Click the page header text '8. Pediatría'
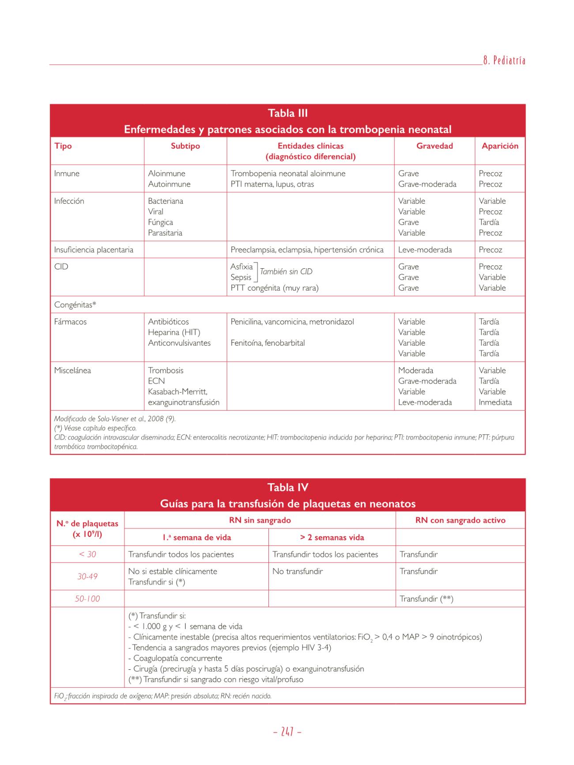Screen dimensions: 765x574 pyautogui.click(x=504, y=61)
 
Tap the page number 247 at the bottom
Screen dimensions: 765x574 pyautogui.click(x=287, y=732)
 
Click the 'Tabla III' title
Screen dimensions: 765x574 pyautogui.click(x=287, y=113)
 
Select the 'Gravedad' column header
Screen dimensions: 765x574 pyautogui.click(x=434, y=146)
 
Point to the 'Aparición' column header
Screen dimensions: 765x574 pyautogui.click(x=500, y=146)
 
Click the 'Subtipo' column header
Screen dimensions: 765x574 pyautogui.click(x=185, y=146)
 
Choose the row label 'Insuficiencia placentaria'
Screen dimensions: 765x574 pyautogui.click(x=94, y=250)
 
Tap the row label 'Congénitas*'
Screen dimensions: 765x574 pyautogui.click(x=75, y=305)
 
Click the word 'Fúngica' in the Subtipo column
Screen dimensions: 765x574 pyautogui.click(x=160, y=222)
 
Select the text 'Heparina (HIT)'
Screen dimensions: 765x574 pyautogui.click(x=174, y=332)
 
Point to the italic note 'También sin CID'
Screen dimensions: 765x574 pyautogui.click(x=286, y=272)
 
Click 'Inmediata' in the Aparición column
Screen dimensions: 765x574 pyautogui.click(x=495, y=402)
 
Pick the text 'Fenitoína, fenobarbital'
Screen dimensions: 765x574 pyautogui.click(x=268, y=343)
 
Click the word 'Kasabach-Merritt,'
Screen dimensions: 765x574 pyautogui.click(x=177, y=392)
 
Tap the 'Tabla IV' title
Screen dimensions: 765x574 pyautogui.click(x=287, y=487)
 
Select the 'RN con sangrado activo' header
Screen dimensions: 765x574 pyautogui.click(x=460, y=520)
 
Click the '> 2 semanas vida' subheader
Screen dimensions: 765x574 pyautogui.click(x=332, y=537)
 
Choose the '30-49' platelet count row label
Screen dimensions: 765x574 pyautogui.click(x=87, y=577)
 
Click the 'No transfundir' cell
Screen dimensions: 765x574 pyautogui.click(x=298, y=571)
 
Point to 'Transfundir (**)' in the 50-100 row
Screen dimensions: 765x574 pyautogui.click(x=426, y=599)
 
